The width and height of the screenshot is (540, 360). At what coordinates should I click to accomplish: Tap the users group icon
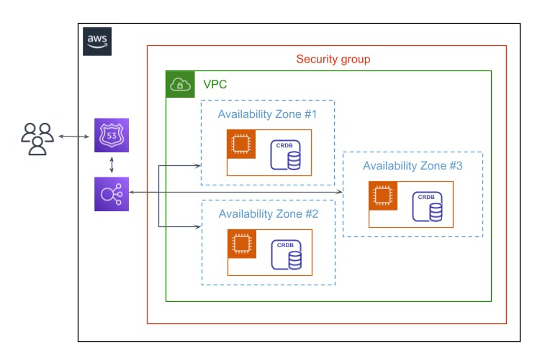37,138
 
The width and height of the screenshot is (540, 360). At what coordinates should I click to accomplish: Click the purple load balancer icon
112,193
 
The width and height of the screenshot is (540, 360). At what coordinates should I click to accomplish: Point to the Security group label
333,59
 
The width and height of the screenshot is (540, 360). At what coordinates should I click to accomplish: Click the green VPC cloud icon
180,85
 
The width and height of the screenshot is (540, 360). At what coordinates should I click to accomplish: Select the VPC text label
215,85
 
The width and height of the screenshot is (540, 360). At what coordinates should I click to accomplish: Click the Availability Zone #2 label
267,213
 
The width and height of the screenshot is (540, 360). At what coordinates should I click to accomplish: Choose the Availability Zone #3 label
413,165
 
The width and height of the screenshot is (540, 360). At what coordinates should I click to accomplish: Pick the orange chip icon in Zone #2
242,244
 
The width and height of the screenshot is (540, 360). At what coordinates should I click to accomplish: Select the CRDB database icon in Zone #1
286,155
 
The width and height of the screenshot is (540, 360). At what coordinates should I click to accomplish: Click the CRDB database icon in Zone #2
286,255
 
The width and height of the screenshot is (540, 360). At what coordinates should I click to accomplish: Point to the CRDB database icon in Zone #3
427,207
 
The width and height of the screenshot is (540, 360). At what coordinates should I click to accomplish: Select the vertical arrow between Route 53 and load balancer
112,165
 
